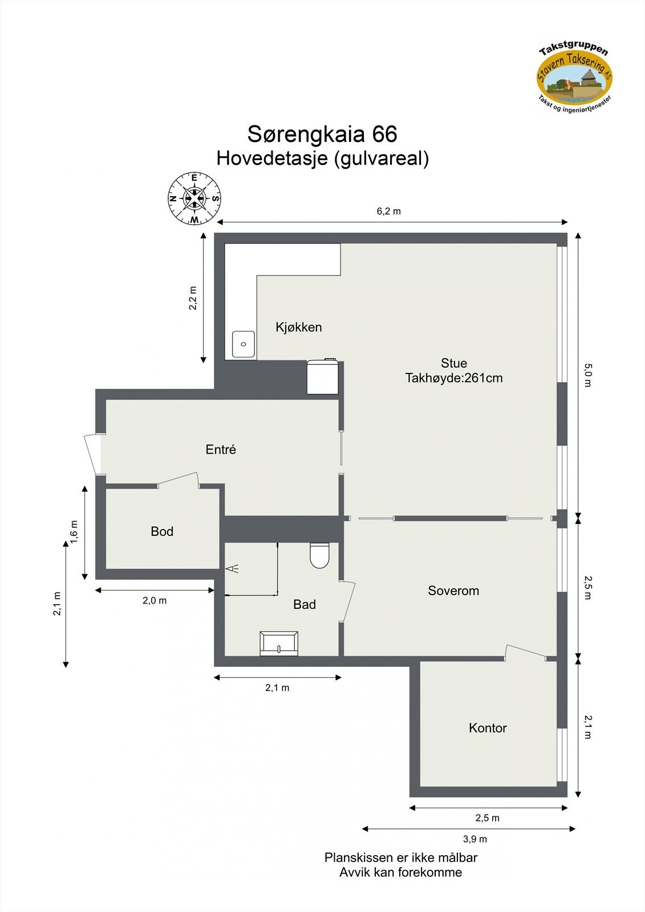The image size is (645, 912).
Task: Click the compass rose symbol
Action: [x=194, y=198]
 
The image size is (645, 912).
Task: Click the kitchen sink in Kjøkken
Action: [x=244, y=344]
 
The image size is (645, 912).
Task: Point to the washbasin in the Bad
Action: [x=279, y=644]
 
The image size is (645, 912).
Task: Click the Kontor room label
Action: [x=488, y=728]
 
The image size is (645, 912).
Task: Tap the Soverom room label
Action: [x=453, y=591]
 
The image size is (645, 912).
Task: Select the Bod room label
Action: [x=162, y=531]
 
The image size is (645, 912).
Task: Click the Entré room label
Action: [x=221, y=449]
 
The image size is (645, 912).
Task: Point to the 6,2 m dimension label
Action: [x=388, y=211]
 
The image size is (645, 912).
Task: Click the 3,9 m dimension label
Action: [x=474, y=838]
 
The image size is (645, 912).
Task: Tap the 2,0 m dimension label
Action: [x=155, y=600]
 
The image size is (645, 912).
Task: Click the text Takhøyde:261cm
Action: [x=454, y=378]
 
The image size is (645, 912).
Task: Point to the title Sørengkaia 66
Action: [x=322, y=135]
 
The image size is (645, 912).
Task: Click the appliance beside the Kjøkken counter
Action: [x=323, y=376]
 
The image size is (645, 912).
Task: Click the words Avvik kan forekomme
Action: [x=400, y=872]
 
